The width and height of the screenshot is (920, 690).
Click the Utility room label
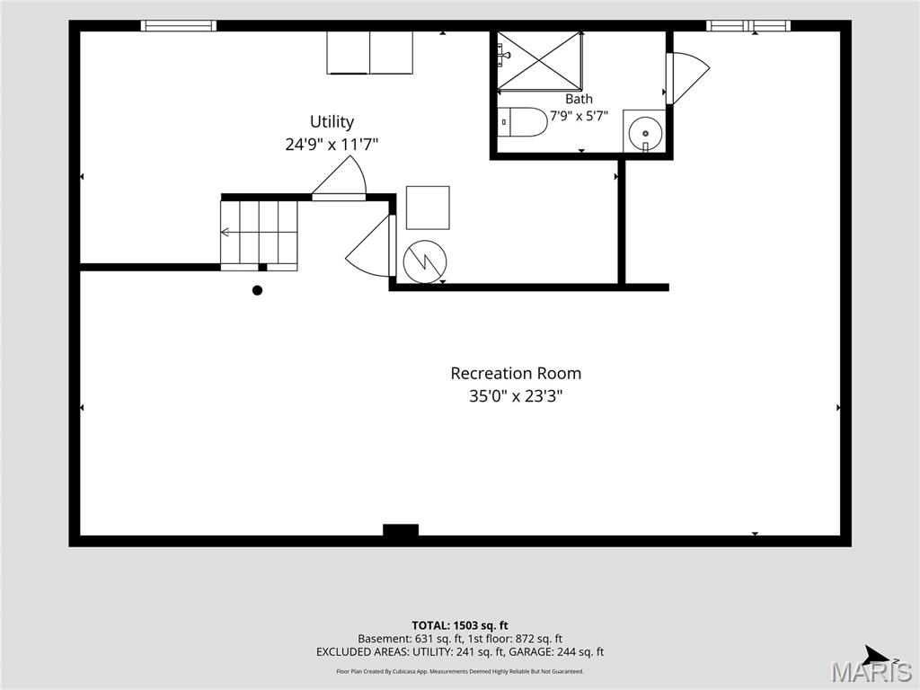tap(332, 122)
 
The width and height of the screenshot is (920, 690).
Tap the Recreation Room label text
tap(516, 373)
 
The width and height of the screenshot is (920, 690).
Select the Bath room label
tap(579, 99)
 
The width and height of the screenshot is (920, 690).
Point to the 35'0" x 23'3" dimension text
tap(516, 396)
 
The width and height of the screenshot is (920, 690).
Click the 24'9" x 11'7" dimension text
tap(332, 145)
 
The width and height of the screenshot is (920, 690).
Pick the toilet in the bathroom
tap(522, 122)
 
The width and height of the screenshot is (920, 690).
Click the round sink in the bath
tap(645, 132)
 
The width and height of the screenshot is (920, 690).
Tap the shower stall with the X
tap(540, 62)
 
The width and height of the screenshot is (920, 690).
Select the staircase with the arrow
tap(259, 234)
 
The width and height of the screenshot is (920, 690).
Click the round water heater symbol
tap(425, 261)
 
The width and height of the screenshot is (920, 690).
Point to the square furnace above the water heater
tap(428, 208)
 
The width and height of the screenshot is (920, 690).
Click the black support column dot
tap(257, 290)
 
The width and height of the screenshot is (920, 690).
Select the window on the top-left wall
tap(179, 26)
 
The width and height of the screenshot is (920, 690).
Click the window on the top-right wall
tap(748, 26)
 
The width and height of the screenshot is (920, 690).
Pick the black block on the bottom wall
tap(401, 530)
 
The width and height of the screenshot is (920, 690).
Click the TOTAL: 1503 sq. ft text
tap(460, 625)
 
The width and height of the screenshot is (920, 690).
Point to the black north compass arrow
tap(877, 655)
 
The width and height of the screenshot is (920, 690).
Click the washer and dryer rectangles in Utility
tap(369, 53)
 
